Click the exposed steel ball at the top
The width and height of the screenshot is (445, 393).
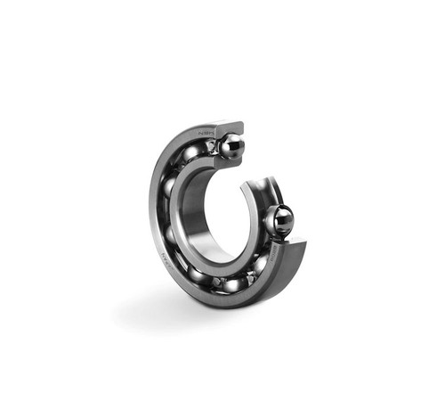pos(230,144)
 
